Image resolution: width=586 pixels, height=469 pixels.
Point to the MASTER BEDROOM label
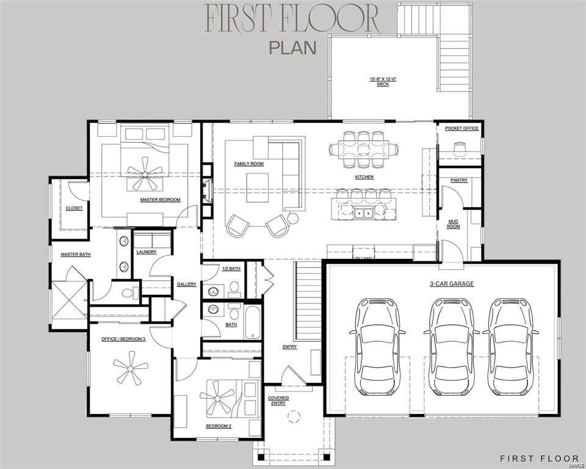coord(161,200)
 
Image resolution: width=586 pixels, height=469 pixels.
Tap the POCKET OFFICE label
coord(461,128)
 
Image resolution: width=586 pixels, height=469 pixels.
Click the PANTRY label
coord(458,180)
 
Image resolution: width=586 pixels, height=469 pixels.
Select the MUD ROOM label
coord(453,224)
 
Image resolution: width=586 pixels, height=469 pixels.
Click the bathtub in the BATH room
coord(253,322)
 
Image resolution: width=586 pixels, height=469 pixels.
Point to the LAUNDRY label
coord(146,252)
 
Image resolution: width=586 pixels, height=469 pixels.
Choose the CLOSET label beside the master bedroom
coord(74,208)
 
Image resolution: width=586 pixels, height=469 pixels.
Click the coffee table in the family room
coord(257,187)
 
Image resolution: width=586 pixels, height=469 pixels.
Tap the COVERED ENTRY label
coord(278,401)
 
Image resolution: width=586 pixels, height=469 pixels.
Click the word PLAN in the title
coord(292,48)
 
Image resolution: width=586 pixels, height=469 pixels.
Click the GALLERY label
coord(187,284)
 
